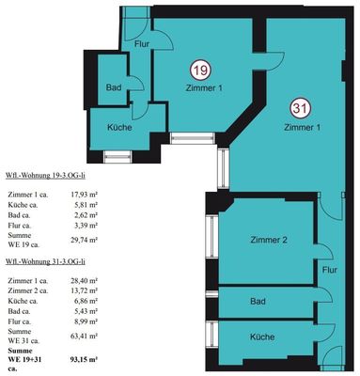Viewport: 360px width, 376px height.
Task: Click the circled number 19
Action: click(x=201, y=70)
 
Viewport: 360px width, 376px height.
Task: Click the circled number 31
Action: click(x=301, y=109)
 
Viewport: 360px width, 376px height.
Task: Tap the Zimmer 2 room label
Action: click(x=269, y=240)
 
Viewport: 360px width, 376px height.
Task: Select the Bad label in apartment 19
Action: click(x=114, y=87)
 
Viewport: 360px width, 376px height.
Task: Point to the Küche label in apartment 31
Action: click(x=262, y=337)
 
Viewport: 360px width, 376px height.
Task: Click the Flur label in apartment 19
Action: click(x=142, y=44)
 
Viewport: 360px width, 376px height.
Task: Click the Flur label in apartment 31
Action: click(x=330, y=270)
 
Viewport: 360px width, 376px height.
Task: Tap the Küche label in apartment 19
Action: click(x=119, y=128)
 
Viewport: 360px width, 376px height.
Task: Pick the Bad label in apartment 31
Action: click(x=258, y=302)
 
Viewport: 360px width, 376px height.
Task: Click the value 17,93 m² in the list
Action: click(x=85, y=195)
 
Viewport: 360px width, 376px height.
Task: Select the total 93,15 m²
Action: click(x=85, y=359)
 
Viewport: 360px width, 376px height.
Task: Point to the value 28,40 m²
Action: click(x=85, y=280)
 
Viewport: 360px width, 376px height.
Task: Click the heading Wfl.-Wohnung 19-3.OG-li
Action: click(x=45, y=176)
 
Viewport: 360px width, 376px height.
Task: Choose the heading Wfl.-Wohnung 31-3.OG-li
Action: click(x=45, y=262)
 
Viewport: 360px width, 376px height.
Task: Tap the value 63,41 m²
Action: click(x=85, y=336)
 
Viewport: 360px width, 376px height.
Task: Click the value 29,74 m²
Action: click(x=85, y=240)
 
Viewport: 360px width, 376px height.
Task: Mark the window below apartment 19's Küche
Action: click(x=117, y=157)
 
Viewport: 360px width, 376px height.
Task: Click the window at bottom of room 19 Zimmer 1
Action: click(x=193, y=138)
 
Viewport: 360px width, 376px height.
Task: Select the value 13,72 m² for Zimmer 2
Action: click(x=85, y=290)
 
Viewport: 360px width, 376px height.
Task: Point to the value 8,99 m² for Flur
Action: click(x=86, y=321)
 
